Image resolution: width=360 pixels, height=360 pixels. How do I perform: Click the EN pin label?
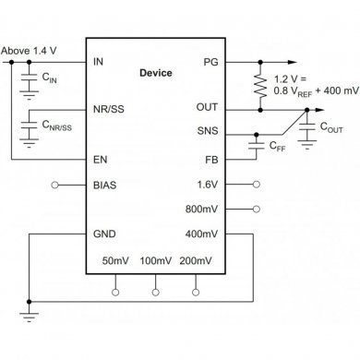100,160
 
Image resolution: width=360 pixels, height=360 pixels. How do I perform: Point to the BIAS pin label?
105,185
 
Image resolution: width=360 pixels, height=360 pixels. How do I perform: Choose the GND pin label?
104,234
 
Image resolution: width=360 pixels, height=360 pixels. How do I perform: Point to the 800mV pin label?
203,210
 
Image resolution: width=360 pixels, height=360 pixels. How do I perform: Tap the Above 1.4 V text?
30,50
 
